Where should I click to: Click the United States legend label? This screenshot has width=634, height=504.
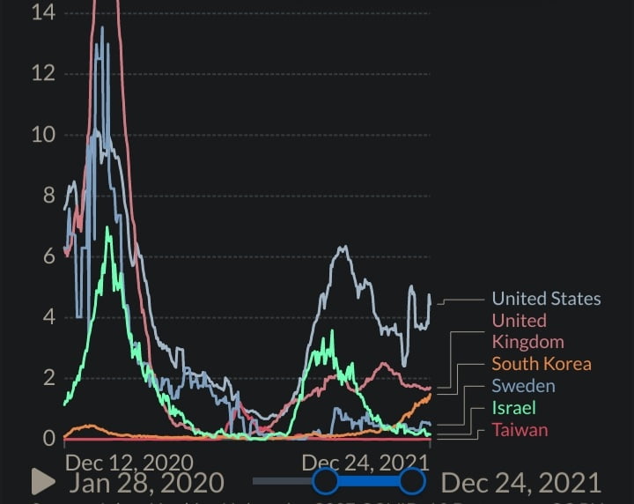pyautogui.click(x=546, y=299)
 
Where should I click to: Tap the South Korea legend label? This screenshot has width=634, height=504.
pyautogui.click(x=541, y=364)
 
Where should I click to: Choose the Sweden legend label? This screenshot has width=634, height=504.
pyautogui.click(x=523, y=386)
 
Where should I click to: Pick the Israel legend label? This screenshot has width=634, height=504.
pyautogui.click(x=513, y=408)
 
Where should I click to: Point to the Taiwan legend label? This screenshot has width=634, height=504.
pyautogui.click(x=520, y=430)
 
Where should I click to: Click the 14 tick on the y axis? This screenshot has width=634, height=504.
pyautogui.click(x=42, y=12)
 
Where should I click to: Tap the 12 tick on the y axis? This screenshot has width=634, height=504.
pyautogui.click(x=42, y=73)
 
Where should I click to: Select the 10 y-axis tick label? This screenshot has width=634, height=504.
pyautogui.click(x=42, y=135)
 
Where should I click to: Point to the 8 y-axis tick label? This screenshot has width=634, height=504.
pyautogui.click(x=48, y=196)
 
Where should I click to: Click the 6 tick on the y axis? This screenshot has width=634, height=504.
pyautogui.click(x=48, y=256)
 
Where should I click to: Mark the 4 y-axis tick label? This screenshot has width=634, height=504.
pyautogui.click(x=48, y=317)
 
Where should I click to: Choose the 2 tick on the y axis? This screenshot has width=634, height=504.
pyautogui.click(x=48, y=378)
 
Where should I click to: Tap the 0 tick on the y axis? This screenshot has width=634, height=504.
pyautogui.click(x=48, y=438)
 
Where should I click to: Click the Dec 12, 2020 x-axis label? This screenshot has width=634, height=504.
pyautogui.click(x=130, y=462)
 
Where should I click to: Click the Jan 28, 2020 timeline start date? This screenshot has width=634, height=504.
pyautogui.click(x=146, y=483)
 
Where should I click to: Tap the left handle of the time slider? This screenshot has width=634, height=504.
pyautogui.click(x=326, y=481)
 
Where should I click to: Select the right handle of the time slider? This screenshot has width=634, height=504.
pyautogui.click(x=412, y=481)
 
